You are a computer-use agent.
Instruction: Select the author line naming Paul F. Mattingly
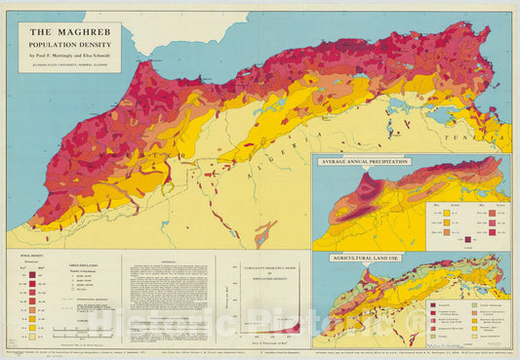click(x=66, y=55)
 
